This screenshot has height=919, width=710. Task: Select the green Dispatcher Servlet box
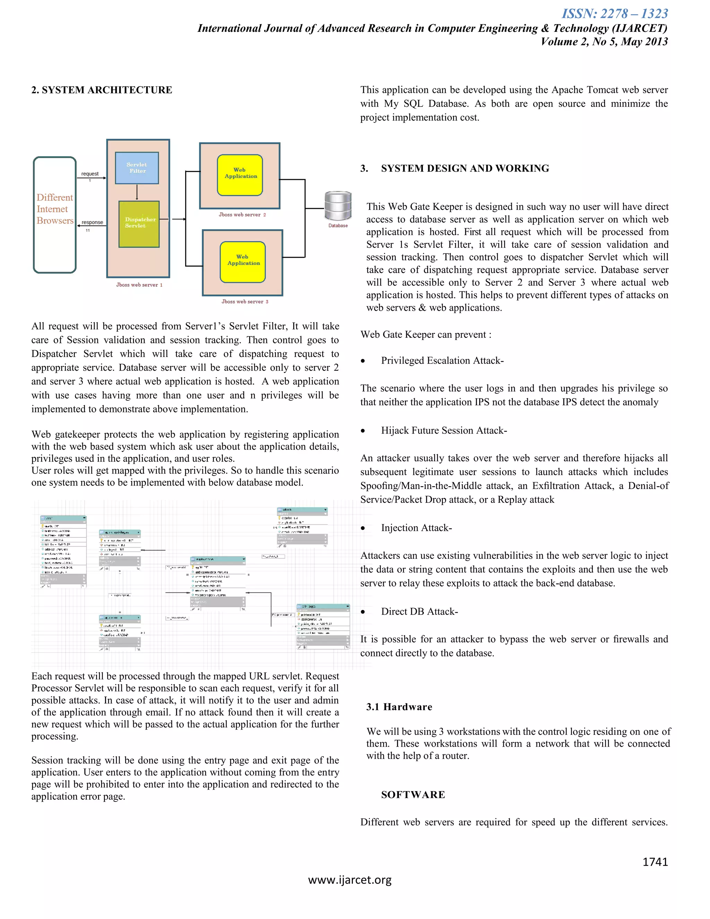point(139,224)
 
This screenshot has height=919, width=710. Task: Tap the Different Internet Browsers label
point(55,209)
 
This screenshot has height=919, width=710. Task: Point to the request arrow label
point(89,174)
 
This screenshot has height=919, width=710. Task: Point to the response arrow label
point(92,222)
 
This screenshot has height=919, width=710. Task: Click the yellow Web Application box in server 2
point(240,175)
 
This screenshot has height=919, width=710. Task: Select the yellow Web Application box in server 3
point(243,262)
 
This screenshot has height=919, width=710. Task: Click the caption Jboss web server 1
point(139,285)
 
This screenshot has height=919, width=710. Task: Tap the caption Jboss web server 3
point(245,301)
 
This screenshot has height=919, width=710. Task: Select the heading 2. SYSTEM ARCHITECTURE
point(102,90)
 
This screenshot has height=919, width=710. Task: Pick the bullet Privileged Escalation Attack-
point(442,361)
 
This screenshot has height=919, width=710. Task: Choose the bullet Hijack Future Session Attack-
point(444,430)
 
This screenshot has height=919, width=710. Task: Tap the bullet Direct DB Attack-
point(419,611)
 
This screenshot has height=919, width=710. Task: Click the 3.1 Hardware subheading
point(399,707)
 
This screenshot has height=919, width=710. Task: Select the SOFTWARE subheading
point(413,795)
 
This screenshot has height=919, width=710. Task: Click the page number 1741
point(655,862)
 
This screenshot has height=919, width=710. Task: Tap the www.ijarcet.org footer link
point(349,880)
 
